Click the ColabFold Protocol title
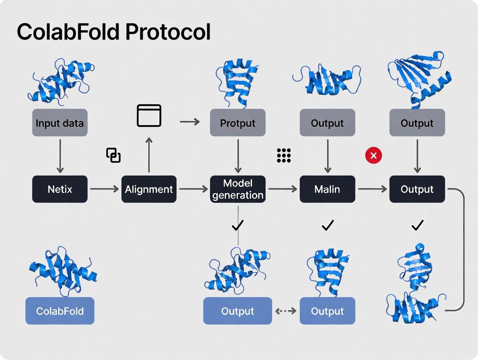pyautogui.click(x=113, y=32)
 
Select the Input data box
pyautogui.click(x=60, y=123)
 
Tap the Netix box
pyautogui.click(x=60, y=189)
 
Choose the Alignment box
pyautogui.click(x=149, y=189)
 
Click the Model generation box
pyautogui.click(x=238, y=189)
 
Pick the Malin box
pyautogui.click(x=327, y=189)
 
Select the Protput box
pyautogui.click(x=238, y=123)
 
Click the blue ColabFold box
pyautogui.click(x=60, y=311)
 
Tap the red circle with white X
pyautogui.click(x=373, y=155)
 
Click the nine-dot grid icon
pyautogui.click(x=284, y=155)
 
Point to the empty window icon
pyautogui.click(x=149, y=116)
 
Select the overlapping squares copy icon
pyautogui.click(x=113, y=155)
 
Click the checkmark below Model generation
pyautogui.click(x=238, y=225)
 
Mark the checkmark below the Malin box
pyautogui.click(x=328, y=225)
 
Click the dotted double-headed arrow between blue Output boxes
pyautogui.click(x=286, y=311)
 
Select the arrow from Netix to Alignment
pyautogui.click(x=104, y=189)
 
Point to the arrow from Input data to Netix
pyautogui.click(x=60, y=156)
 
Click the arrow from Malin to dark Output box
pyautogui.click(x=372, y=189)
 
